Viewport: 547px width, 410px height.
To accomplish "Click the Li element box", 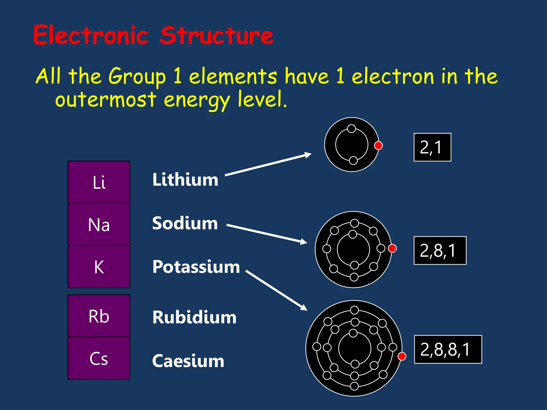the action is pos(99,182).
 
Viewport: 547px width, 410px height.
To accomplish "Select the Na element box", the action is pos(99,224).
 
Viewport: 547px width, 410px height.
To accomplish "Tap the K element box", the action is pos(99,267).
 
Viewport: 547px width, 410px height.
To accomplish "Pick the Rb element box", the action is pos(99,316).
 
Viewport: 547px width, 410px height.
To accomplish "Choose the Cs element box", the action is pos(99,358).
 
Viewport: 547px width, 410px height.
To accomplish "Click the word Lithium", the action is pos(185,180).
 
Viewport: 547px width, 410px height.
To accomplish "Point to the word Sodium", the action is pos(185,223).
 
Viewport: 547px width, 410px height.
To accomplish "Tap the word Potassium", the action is pos(196,267).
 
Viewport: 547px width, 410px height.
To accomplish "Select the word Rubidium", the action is pos(194,317).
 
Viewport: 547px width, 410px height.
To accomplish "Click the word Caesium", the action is pos(188,361).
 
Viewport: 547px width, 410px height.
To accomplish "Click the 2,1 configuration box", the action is pos(432,147).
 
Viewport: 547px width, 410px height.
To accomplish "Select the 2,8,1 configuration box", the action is pos(440,250).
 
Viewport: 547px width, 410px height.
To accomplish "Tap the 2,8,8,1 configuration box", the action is pos(448,349).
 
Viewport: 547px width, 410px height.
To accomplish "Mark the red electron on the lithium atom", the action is pos(378,145).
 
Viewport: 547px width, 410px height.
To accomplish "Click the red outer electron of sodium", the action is pos(392,248).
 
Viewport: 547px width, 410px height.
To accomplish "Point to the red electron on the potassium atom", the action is pos(402,356).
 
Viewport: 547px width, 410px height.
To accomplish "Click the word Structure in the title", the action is pos(217,36).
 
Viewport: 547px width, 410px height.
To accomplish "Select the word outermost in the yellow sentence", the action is pos(106,100).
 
